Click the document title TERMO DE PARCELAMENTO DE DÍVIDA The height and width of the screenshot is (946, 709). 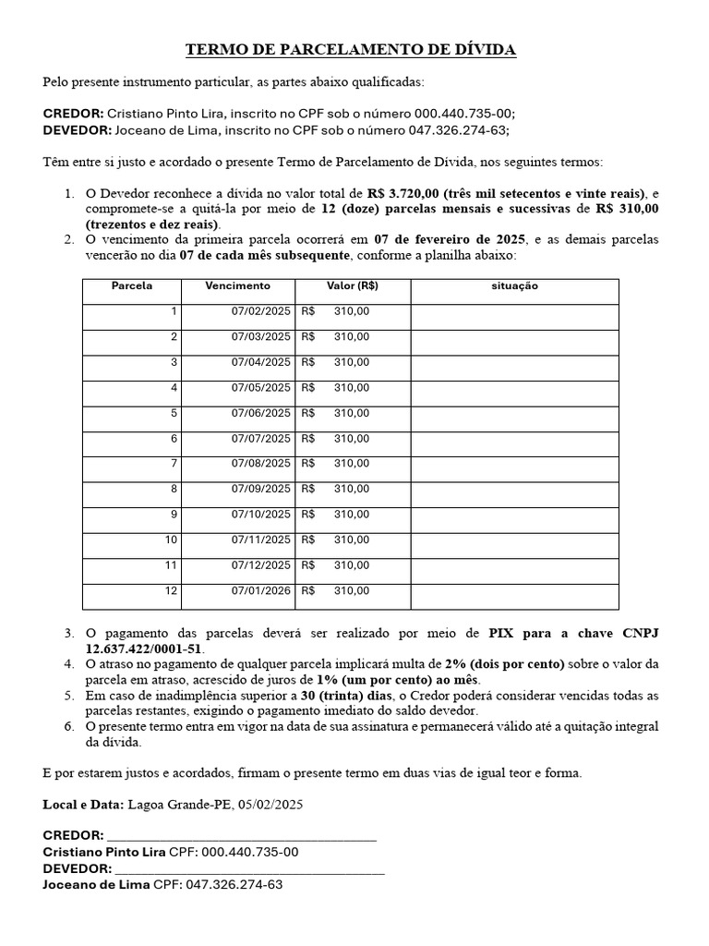(351, 49)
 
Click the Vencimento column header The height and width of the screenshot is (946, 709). (238, 286)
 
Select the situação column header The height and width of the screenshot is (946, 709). (514, 286)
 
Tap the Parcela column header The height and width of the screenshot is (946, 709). (132, 286)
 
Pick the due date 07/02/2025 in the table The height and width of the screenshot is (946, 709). (260, 312)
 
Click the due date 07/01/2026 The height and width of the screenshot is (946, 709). (260, 590)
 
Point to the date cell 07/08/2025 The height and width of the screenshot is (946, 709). (260, 464)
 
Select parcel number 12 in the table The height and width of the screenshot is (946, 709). (171, 590)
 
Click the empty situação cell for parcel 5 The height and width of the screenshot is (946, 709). (514, 414)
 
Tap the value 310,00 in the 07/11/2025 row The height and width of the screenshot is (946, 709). (351, 540)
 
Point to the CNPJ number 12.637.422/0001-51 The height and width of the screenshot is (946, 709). (143, 649)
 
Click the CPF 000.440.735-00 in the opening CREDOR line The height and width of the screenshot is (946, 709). (455, 113)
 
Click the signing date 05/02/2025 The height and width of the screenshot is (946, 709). (270, 805)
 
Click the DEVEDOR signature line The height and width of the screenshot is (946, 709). (249, 868)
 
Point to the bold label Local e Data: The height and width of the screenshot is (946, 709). (83, 805)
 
